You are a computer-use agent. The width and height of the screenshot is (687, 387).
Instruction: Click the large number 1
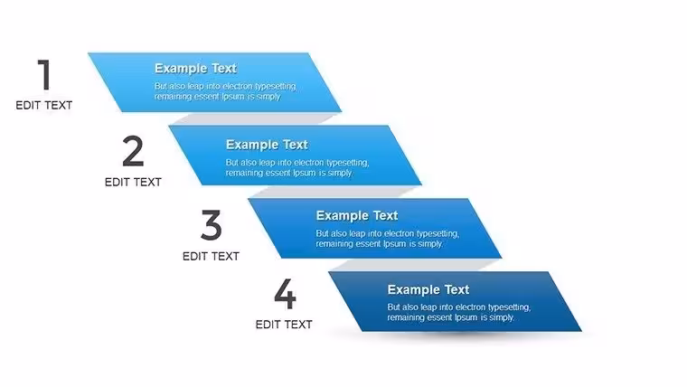tap(44, 74)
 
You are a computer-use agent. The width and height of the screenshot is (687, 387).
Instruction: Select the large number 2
tap(133, 151)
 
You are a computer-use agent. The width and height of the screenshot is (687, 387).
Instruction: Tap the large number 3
tap(212, 225)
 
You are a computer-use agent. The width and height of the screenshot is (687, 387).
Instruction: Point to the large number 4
tap(285, 294)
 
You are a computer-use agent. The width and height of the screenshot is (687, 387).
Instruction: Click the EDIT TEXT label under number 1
tap(43, 106)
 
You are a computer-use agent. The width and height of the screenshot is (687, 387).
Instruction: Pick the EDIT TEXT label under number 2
tap(133, 183)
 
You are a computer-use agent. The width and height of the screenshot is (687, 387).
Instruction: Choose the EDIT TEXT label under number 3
tap(211, 257)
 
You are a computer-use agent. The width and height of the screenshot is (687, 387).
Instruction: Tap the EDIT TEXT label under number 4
tap(284, 325)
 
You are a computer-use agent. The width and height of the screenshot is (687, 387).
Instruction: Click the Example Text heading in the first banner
tap(195, 69)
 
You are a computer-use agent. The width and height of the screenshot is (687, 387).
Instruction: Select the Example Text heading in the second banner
tap(267, 145)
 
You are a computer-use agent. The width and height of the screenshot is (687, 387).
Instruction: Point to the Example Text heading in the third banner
tap(357, 215)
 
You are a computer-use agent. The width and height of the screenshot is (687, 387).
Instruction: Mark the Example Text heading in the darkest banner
tap(428, 289)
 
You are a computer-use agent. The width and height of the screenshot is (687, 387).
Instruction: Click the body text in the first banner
tap(225, 91)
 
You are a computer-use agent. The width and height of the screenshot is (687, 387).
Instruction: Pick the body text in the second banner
tap(297, 167)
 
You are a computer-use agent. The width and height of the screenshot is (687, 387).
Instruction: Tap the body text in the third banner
tap(387, 239)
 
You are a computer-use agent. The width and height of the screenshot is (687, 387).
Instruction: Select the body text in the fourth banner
tap(458, 312)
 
